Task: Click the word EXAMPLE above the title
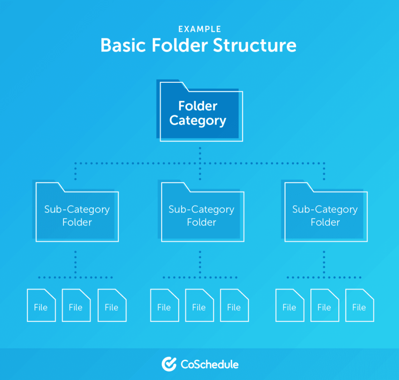pos(199,29)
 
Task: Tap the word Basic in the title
pos(123,45)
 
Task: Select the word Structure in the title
pos(254,45)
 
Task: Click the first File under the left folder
pos(41,305)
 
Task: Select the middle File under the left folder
pos(76,305)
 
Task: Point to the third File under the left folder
pos(112,305)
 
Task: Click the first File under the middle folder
pos(164,305)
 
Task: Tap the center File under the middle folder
pos(199,305)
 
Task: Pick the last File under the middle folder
pos(234,305)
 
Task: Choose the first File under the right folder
pos(290,305)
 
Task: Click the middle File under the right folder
pos(325,305)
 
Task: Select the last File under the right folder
pos(359,305)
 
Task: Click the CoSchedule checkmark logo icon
pos(169,364)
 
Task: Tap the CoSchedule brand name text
pos(210,364)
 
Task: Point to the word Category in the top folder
pos(198,121)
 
